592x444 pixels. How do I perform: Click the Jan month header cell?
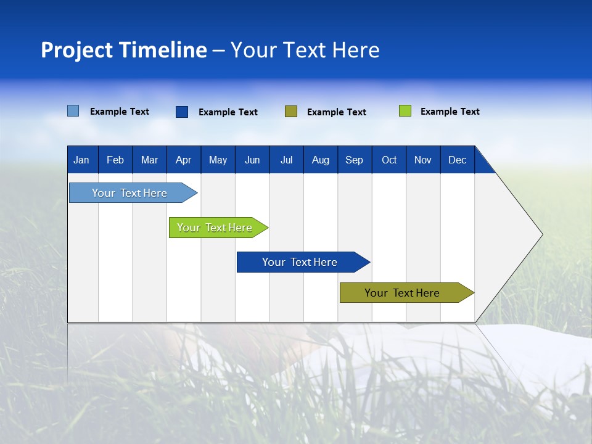[82, 160]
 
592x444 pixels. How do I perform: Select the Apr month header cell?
[184, 160]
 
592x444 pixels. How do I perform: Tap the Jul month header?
[286, 160]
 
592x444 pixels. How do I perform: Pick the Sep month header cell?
[355, 160]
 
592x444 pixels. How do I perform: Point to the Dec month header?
[457, 160]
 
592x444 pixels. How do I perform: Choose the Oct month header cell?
[389, 160]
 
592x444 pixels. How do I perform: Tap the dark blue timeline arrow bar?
[300, 262]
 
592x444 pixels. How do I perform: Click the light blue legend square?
[73, 111]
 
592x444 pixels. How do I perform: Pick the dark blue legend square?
[182, 112]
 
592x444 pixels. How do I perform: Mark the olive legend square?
[291, 112]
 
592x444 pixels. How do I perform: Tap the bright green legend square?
[405, 111]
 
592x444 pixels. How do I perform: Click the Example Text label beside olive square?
[337, 112]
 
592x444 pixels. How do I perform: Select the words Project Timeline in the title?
[124, 50]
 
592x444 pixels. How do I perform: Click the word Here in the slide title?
[356, 50]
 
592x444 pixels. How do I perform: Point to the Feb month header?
[115, 160]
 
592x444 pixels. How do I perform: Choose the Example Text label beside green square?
[450, 112]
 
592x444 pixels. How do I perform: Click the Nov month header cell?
[423, 160]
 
